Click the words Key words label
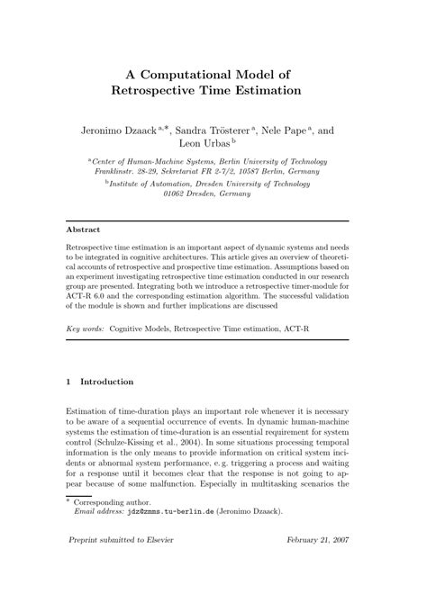click(x=86, y=330)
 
